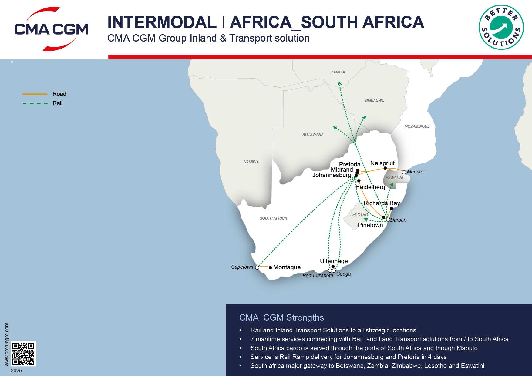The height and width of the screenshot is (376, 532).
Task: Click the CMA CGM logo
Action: tap(51, 29)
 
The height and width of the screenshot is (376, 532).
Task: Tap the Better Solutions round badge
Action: tap(501, 27)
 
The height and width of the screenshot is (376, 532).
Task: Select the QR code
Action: tap(23, 354)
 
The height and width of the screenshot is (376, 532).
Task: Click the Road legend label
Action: tap(59, 94)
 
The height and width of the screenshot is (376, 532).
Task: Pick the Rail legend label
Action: tap(57, 103)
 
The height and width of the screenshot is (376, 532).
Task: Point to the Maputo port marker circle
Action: tap(404, 172)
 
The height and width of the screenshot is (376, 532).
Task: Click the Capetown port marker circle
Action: tap(257, 267)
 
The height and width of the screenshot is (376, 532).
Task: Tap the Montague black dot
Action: tap(270, 267)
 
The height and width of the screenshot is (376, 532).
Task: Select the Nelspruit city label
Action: tap(382, 163)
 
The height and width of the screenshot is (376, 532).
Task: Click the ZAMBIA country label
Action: tap(338, 72)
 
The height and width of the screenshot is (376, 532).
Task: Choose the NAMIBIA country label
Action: tap(251, 162)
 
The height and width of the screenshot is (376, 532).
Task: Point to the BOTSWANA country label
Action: tap(313, 135)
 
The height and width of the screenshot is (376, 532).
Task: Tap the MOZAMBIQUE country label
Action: tap(417, 126)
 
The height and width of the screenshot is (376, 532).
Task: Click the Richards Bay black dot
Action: tap(391, 209)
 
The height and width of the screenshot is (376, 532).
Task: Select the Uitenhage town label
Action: tap(334, 261)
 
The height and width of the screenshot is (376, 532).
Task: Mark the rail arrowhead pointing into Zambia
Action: tap(339, 83)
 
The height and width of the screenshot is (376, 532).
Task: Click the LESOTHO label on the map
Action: tap(359, 215)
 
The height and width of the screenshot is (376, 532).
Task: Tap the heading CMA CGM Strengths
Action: tap(281, 317)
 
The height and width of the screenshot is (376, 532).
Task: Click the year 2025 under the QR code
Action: tap(16, 371)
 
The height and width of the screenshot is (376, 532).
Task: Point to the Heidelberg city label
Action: tap(370, 187)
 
